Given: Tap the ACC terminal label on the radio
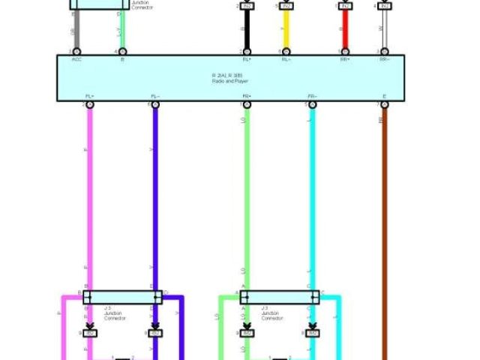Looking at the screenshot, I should pos(76,58).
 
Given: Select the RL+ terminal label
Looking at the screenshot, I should pos(246,58).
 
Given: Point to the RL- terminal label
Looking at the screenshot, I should pos(286,58).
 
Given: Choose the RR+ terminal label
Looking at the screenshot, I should pos(344,58).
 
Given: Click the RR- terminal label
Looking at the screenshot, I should pos(385,58).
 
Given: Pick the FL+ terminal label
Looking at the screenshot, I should pos(89,97).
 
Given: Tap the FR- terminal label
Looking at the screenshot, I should pos(312,97).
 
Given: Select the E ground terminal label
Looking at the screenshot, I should pos(385,97).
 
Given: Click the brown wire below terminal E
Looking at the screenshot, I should pos(385,225).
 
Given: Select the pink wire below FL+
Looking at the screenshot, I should pos(89,195).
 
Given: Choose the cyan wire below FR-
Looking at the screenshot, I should pos(312,195).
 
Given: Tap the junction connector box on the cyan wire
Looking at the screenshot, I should pos(279,297).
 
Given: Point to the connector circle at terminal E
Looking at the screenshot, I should pos(385,105).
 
